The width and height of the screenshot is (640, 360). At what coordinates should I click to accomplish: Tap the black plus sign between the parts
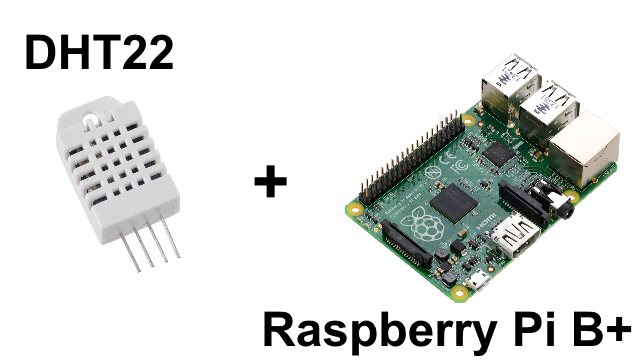[x=269, y=183]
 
